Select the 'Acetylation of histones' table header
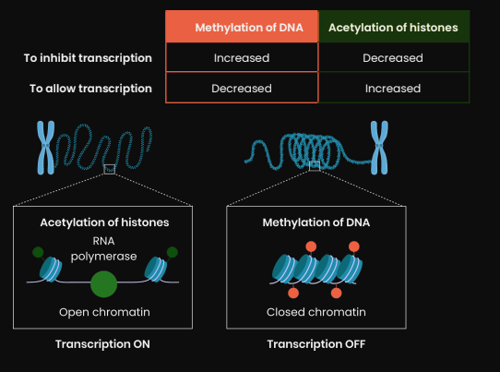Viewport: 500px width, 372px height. [394, 27]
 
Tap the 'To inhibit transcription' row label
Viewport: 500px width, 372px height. [88, 58]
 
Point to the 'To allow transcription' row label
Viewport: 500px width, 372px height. [90, 89]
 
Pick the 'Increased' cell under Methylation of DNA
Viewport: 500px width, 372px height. [242, 58]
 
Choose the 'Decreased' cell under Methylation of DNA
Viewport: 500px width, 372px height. [242, 89]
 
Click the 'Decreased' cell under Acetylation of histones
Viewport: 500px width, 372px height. [393, 58]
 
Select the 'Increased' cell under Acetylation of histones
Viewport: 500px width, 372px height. [393, 89]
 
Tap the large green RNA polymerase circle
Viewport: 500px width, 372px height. [103, 284]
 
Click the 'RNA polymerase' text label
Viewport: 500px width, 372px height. [103, 248]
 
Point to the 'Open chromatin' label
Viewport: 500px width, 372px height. [104, 312]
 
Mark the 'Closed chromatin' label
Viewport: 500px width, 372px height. [316, 312]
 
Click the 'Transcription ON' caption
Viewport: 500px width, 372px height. [102, 344]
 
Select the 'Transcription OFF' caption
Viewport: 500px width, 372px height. [316, 344]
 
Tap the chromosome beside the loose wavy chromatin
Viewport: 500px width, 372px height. [46, 148]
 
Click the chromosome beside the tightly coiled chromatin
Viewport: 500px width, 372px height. [379, 148]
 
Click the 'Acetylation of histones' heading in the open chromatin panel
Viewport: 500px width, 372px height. [104, 222]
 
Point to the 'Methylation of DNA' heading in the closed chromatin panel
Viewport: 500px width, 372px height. [316, 222]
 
